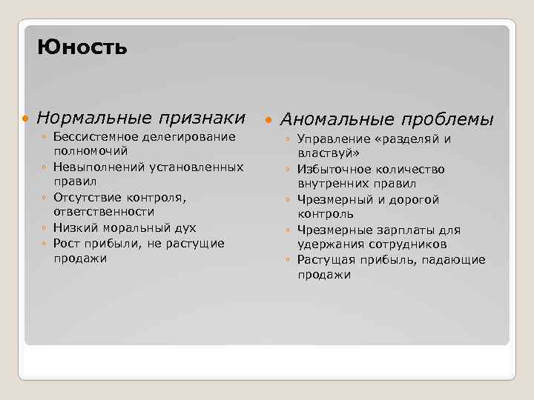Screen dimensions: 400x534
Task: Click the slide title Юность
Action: (82, 48)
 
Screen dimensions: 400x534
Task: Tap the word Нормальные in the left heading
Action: (93, 118)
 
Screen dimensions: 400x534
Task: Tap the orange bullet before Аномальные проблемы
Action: (268, 120)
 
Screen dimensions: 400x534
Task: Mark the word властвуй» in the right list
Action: (329, 153)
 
